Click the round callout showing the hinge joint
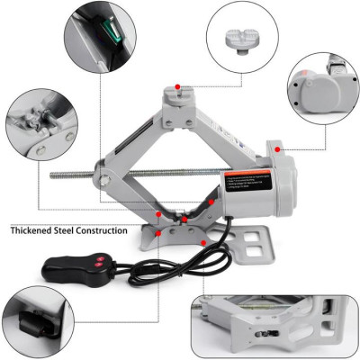coord(39,131)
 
